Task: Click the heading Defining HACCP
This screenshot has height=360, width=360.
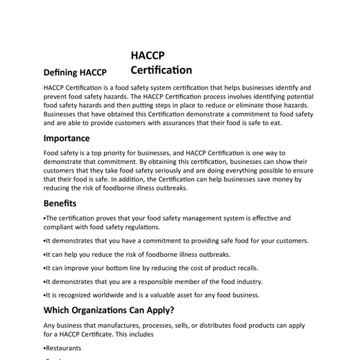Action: click(75, 73)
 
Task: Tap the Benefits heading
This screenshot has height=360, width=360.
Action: click(60, 203)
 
